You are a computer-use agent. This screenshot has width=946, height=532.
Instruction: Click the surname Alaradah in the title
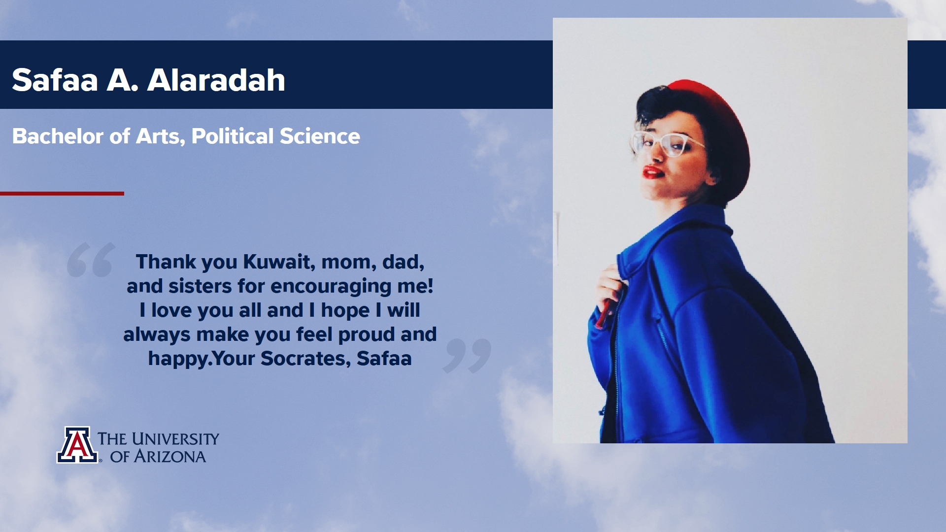click(216, 80)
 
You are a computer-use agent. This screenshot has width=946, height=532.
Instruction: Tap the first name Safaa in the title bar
click(55, 80)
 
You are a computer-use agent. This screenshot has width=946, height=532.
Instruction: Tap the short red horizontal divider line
click(62, 194)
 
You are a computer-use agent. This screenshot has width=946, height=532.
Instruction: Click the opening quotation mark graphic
click(91, 260)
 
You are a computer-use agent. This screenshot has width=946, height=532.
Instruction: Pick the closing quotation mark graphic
click(467, 356)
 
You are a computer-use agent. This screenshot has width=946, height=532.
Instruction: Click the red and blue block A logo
click(77, 445)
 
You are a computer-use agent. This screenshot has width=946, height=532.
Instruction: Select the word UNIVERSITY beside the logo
click(175, 439)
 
